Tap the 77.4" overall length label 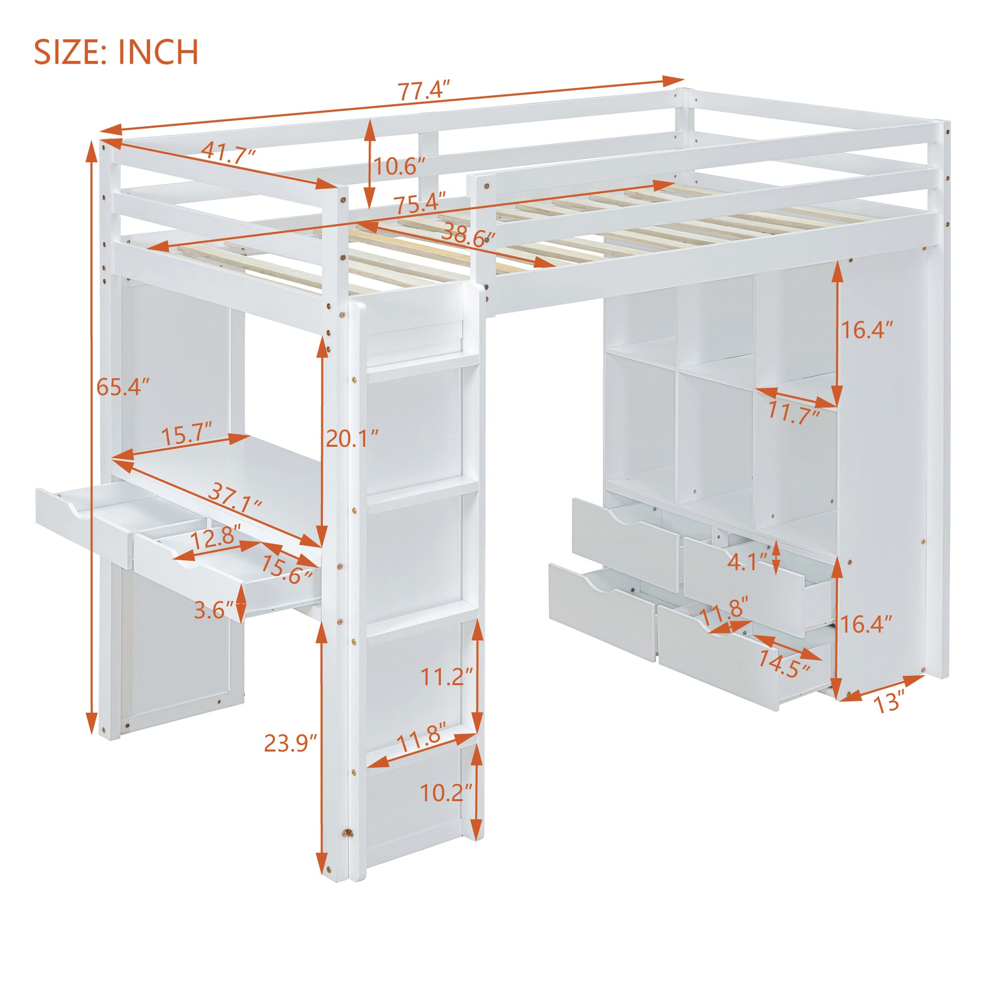(x=424, y=92)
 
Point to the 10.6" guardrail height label (x=400, y=166)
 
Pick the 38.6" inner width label (x=469, y=235)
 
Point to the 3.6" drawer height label (x=213, y=609)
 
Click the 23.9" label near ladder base (x=290, y=744)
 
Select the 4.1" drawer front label (x=748, y=562)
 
